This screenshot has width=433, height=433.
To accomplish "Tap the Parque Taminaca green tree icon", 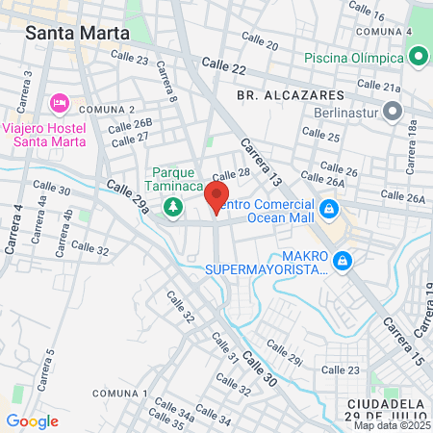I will tap(173, 205).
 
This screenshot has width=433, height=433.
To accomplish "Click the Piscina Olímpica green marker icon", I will tap(418, 58).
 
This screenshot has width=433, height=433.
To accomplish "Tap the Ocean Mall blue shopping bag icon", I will tap(329, 208).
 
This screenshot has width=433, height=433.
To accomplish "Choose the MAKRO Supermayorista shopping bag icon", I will tap(342, 260).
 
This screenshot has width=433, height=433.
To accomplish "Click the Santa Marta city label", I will tap(77, 33).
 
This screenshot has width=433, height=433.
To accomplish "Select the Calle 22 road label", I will tap(224, 64).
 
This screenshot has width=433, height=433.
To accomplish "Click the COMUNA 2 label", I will tap(107, 110).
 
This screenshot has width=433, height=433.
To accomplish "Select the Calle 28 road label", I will tap(231, 174).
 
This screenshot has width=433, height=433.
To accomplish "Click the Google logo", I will tap(32, 420).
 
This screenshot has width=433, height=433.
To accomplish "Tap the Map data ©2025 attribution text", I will tap(392, 425).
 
